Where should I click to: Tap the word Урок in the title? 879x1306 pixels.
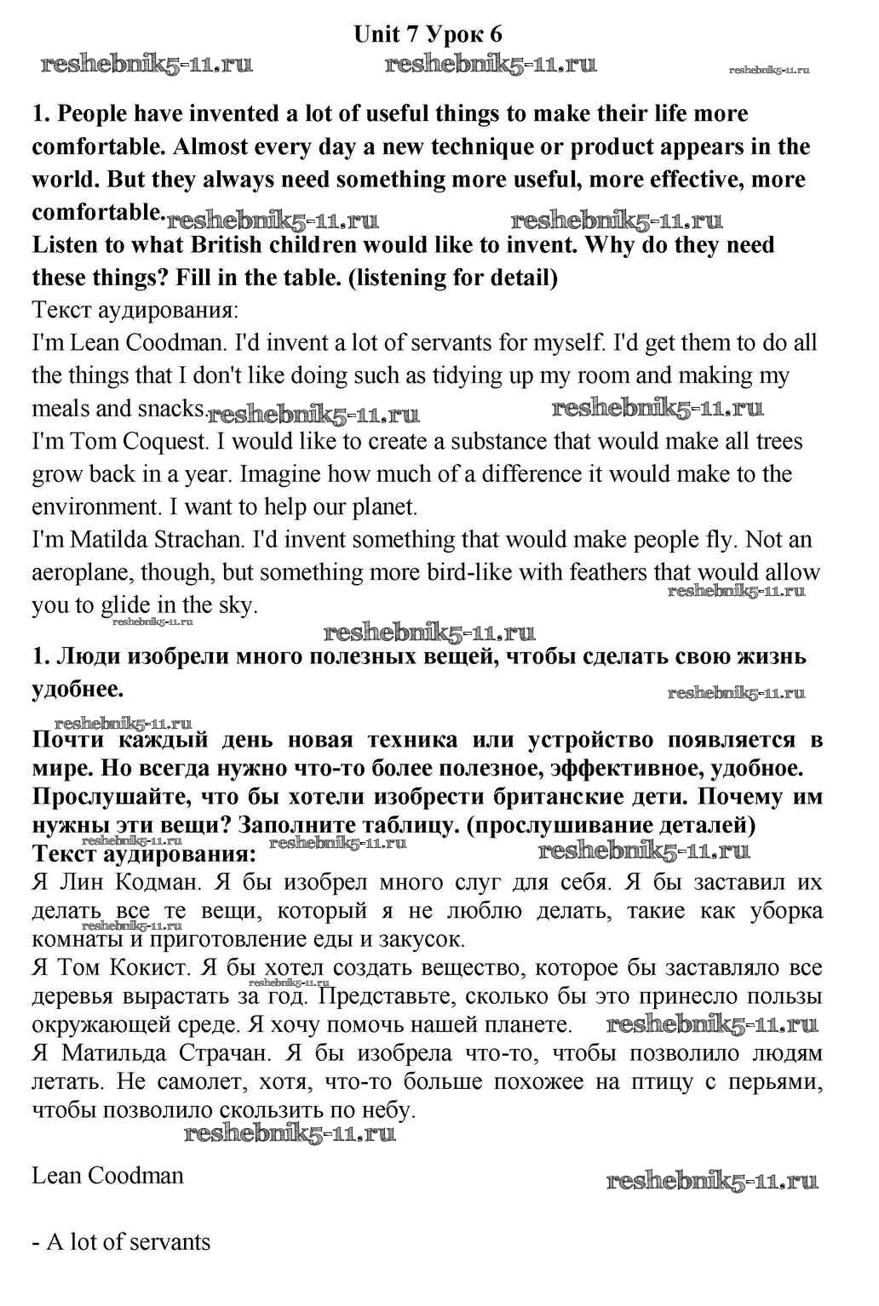[x=454, y=34]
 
